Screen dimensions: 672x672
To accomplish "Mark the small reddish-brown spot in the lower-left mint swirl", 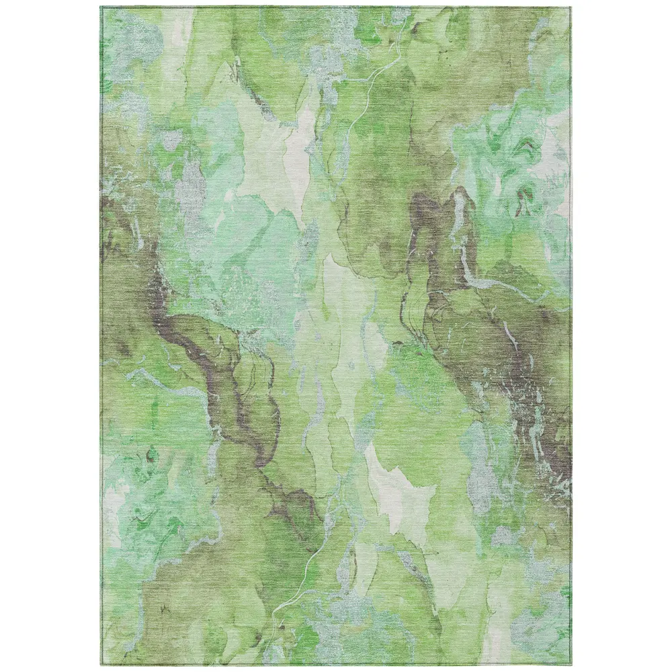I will (144, 457).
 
